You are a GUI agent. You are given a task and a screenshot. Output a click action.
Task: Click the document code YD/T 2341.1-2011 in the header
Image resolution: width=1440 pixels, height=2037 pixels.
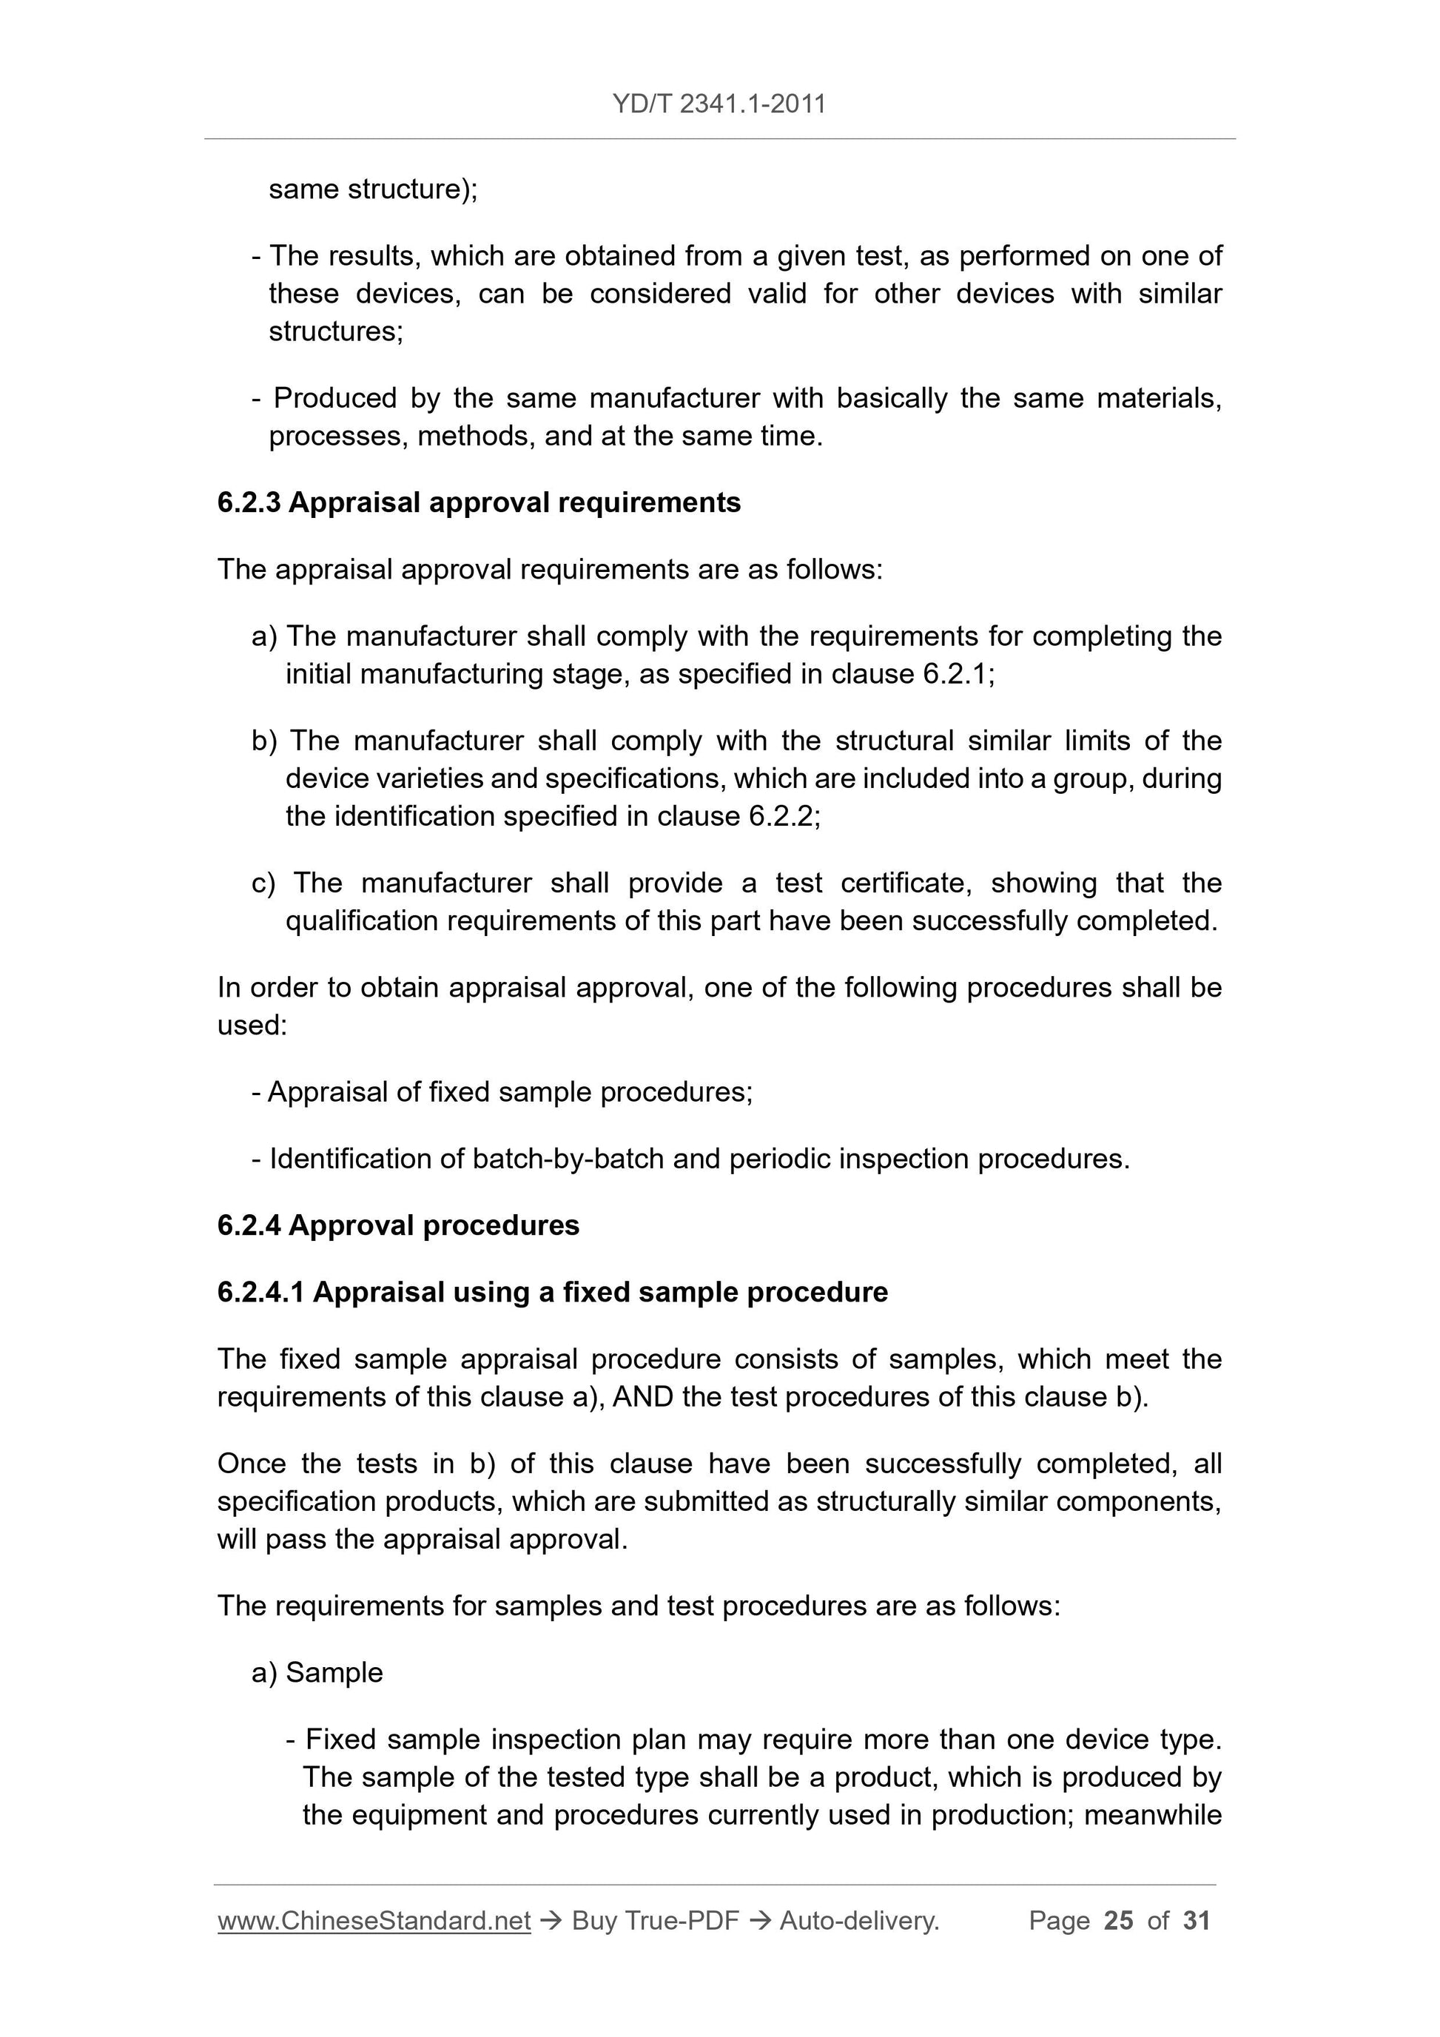pos(719,104)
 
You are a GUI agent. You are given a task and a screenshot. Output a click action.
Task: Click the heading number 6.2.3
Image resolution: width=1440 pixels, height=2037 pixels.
pos(249,503)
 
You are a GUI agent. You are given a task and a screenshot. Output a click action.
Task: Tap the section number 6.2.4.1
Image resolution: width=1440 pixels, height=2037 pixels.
pos(261,1292)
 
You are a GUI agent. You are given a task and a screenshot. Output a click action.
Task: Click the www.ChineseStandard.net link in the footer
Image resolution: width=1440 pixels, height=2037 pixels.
pos(374,1921)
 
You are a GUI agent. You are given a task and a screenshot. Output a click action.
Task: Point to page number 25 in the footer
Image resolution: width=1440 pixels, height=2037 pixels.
pos(1119,1921)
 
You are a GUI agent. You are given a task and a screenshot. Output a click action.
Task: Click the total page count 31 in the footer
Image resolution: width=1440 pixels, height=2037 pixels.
pos(1197,1921)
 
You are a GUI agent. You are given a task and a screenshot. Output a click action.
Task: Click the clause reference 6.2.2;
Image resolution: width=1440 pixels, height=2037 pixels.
pos(784,816)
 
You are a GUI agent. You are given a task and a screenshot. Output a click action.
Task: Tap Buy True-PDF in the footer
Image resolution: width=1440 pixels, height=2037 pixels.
pos(655,1921)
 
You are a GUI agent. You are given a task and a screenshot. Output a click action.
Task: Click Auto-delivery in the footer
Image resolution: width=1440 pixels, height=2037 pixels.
pos(859,1921)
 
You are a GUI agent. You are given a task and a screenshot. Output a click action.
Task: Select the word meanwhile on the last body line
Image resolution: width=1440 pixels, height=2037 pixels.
pos(1153,1815)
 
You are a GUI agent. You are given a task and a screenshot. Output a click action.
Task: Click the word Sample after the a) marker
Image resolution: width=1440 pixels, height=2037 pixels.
pos(334,1672)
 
